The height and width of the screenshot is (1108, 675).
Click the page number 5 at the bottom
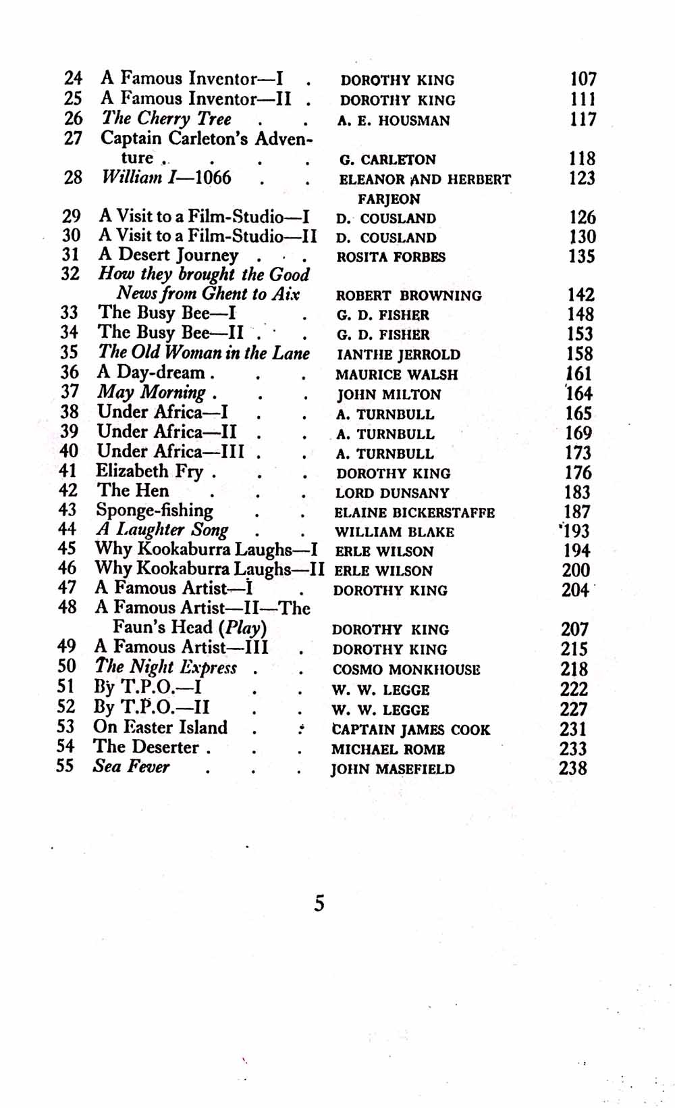click(319, 903)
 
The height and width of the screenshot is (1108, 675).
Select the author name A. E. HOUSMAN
click(394, 121)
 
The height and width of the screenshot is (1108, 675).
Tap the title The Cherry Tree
click(166, 119)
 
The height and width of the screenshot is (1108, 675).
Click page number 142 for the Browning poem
click(580, 295)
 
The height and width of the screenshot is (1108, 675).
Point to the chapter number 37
click(69, 392)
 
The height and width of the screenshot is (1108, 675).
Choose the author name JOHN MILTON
click(389, 395)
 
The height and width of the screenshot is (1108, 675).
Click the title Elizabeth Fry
click(149, 471)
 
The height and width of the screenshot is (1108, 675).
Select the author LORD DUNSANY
click(392, 493)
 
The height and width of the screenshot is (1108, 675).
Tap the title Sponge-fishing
click(155, 510)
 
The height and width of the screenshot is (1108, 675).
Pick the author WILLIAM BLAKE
click(394, 532)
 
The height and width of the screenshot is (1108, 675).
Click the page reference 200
click(576, 570)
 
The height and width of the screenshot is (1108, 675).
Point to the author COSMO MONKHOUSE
click(406, 670)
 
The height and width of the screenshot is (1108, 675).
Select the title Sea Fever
click(131, 767)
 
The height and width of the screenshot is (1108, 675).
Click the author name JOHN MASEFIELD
click(392, 769)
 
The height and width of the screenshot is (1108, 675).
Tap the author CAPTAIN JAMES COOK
click(410, 730)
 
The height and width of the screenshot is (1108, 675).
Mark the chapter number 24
click(73, 78)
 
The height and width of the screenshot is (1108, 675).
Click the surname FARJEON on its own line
click(389, 199)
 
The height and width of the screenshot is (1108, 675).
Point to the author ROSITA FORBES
click(391, 257)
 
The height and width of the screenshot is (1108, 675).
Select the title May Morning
click(152, 393)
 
